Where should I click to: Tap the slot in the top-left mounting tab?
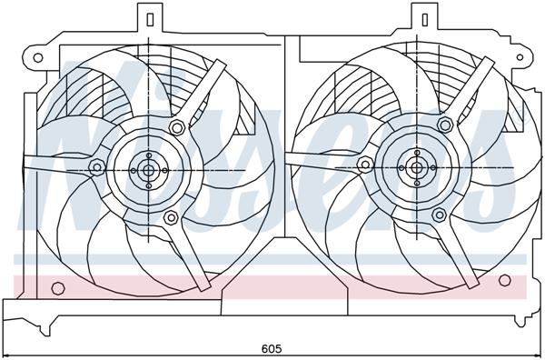146,17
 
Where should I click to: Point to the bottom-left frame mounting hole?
57,289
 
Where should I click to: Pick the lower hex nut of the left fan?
170,216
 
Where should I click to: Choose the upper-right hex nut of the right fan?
449,123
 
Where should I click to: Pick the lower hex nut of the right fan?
439,215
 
